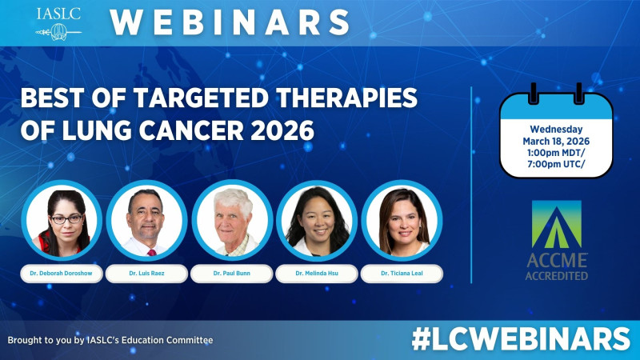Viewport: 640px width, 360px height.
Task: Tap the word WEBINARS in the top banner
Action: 230,22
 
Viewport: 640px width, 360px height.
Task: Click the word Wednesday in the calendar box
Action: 556,129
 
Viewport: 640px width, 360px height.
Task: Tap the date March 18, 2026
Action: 556,142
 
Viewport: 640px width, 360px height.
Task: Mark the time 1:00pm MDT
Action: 556,154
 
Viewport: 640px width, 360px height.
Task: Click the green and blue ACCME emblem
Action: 557,224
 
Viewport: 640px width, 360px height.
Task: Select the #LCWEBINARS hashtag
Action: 520,338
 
